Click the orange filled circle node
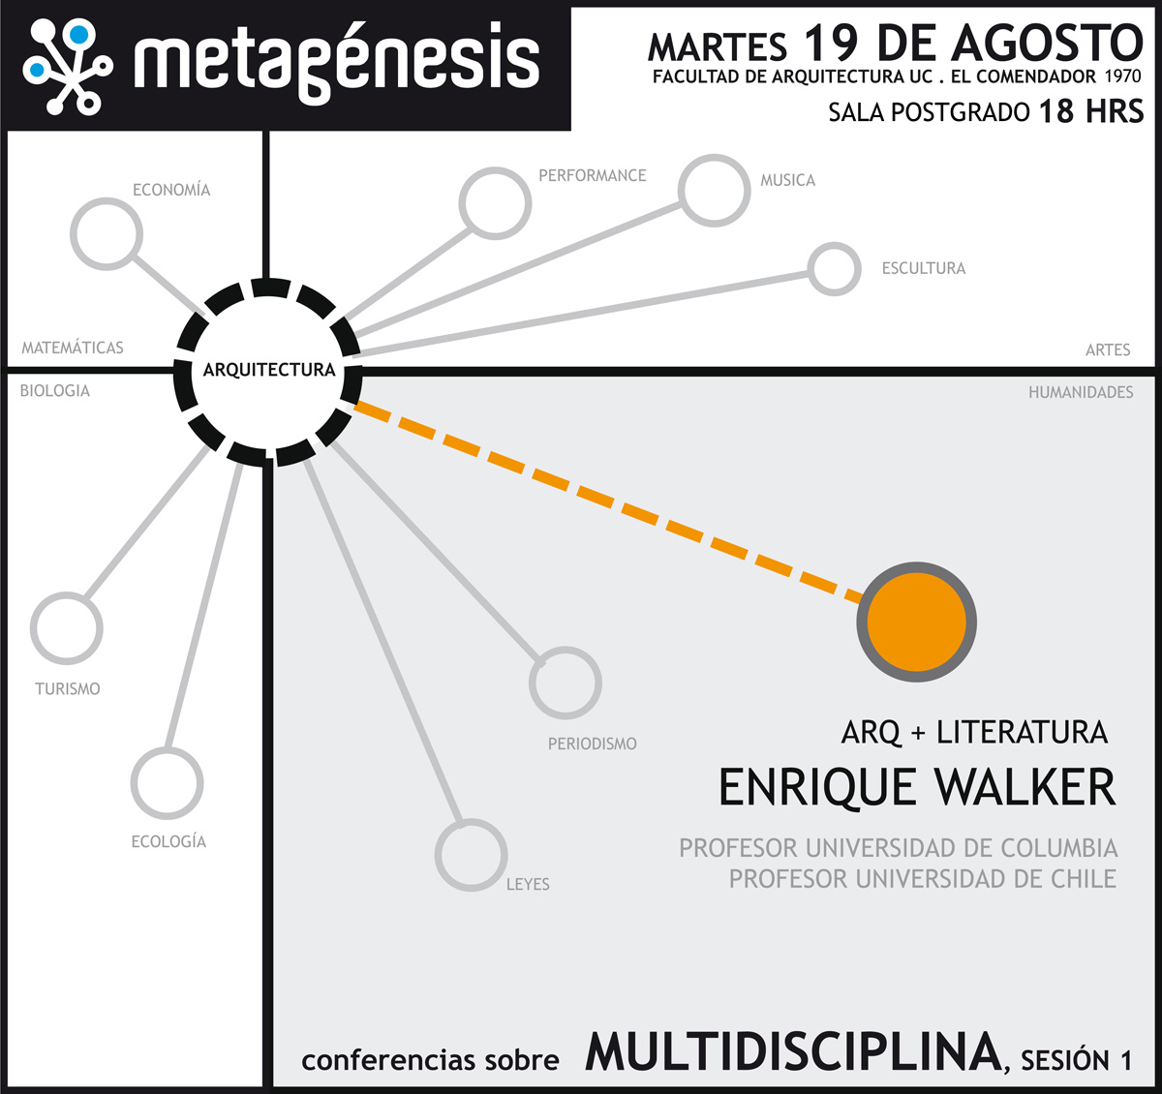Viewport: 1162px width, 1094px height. [x=916, y=623]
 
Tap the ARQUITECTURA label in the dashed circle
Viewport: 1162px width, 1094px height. [x=269, y=370]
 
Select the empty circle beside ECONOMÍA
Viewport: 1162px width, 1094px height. [x=107, y=234]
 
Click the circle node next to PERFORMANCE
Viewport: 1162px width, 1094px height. [x=495, y=203]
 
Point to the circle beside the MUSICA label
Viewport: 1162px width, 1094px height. [x=714, y=191]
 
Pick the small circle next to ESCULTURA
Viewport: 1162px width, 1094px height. [x=834, y=268]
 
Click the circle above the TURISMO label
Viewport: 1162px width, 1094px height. [x=66, y=628]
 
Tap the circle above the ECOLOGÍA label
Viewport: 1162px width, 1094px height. [x=167, y=783]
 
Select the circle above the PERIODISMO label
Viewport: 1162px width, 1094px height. [x=566, y=683]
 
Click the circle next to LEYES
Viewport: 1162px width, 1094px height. [x=471, y=855]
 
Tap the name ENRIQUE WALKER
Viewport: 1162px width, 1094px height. [x=916, y=787]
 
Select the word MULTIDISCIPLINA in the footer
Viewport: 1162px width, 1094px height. [x=793, y=1052]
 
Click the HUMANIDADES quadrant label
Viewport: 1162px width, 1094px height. [x=1081, y=392]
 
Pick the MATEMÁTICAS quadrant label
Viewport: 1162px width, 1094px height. [x=73, y=348]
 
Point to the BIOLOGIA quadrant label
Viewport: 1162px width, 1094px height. [x=55, y=391]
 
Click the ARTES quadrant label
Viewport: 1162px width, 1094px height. [x=1108, y=349]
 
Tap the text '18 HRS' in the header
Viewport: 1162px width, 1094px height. [x=1091, y=111]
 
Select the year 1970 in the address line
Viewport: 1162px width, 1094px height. [x=1123, y=76]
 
